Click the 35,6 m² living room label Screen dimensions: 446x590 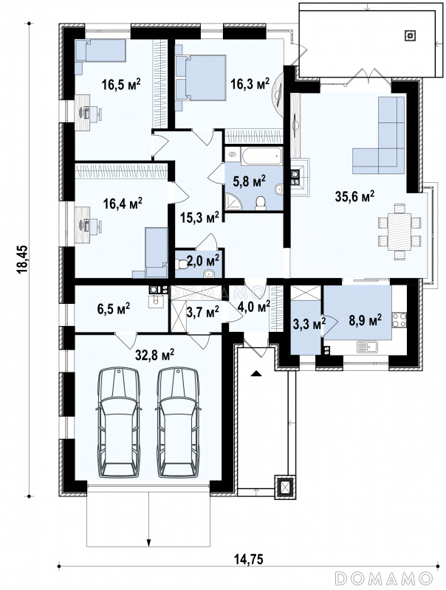tap(354, 196)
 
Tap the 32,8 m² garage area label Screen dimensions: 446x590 tap(154, 354)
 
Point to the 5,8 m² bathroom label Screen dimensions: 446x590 tap(249, 181)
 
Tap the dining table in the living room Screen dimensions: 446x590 tap(399, 232)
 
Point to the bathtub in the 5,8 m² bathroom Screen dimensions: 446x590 tap(262, 156)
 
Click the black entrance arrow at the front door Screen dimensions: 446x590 tap(256, 373)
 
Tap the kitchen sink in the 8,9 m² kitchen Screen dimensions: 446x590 tap(367, 346)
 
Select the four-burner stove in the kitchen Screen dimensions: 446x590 tap(399, 320)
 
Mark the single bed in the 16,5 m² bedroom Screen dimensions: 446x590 tap(100, 50)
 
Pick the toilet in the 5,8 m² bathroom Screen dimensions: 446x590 tap(261, 204)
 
